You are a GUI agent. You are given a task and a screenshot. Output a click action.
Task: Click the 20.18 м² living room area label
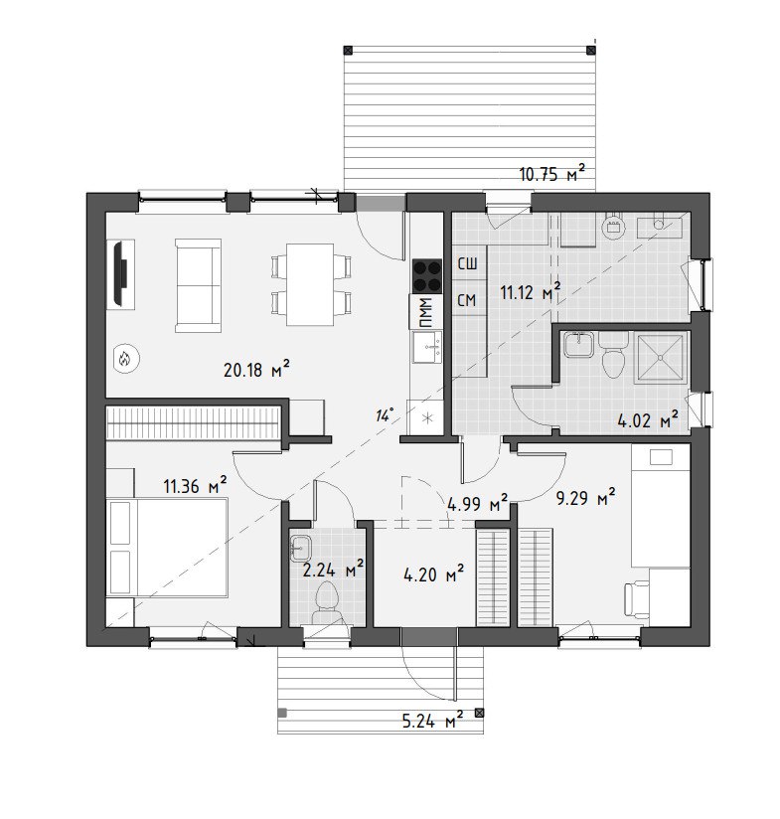256,370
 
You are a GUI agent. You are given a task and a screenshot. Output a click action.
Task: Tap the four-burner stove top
427,276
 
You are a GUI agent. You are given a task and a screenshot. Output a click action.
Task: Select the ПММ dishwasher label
426,311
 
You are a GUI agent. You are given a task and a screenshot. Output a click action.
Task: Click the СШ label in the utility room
467,263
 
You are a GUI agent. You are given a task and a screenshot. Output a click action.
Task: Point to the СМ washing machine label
467,300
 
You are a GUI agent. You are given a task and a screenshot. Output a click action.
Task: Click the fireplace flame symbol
125,359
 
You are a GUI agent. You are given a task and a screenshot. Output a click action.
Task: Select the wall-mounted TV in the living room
120,272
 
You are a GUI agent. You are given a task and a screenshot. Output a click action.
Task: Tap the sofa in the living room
199,285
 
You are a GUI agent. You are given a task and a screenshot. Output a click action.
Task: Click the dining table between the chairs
310,284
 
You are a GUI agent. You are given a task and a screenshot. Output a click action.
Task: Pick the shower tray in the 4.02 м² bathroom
660,358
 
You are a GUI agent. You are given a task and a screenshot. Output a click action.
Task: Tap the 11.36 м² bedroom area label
195,486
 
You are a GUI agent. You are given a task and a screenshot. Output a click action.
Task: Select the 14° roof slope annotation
384,415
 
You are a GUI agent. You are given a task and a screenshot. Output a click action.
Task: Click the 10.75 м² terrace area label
552,173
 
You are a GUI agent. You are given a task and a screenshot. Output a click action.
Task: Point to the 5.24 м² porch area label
432,722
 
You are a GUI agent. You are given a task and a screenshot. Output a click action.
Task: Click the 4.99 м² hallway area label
477,505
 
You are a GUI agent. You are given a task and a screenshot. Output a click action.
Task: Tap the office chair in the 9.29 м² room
637,600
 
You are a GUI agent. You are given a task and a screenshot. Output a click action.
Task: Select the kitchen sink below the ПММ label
427,347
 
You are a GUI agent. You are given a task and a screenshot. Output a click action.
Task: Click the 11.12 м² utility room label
531,292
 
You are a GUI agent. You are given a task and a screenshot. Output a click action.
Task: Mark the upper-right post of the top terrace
591,50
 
